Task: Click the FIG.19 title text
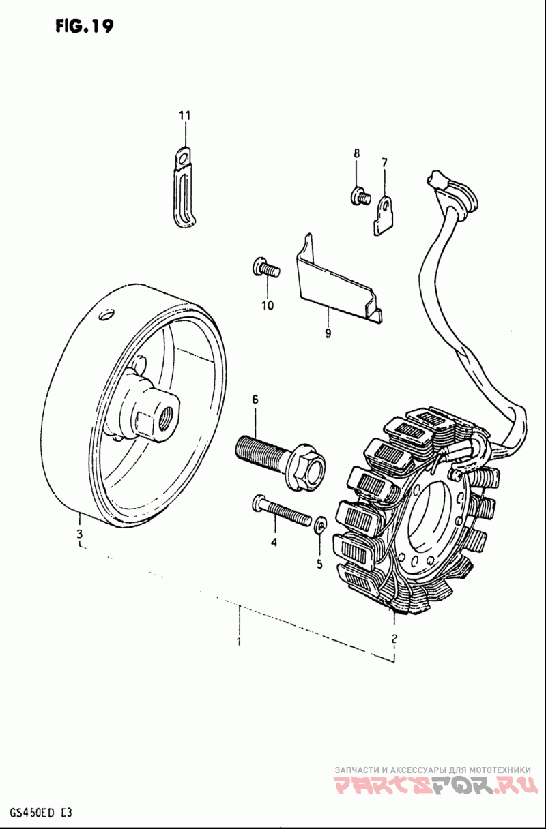click(84, 26)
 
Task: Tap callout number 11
click(184, 116)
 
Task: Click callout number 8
click(356, 154)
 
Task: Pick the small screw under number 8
click(360, 197)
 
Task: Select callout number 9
click(328, 333)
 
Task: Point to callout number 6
click(255, 399)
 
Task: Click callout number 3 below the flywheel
click(79, 533)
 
